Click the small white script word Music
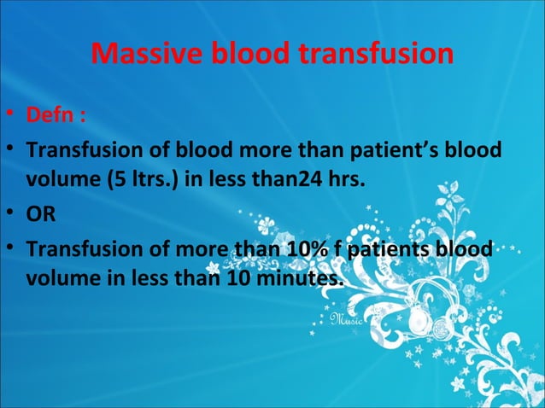point(346,320)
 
